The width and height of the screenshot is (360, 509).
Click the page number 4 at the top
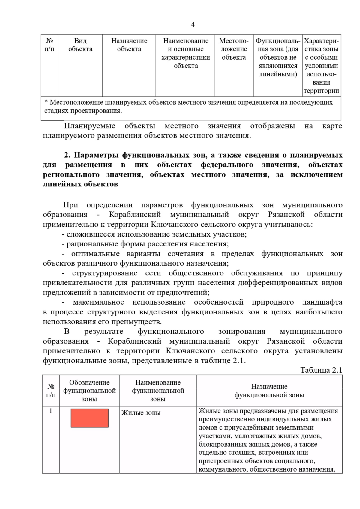(x=193, y=25)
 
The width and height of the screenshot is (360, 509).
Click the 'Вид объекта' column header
(x=80, y=45)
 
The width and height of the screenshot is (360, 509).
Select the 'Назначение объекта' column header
(x=129, y=45)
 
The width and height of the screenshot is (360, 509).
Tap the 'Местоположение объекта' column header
(x=234, y=49)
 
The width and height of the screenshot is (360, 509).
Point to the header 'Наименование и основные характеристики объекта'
(x=186, y=53)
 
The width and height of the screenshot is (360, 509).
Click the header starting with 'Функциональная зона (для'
(x=278, y=57)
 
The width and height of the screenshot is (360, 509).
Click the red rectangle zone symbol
(x=89, y=418)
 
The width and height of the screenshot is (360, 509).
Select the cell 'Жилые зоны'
(x=141, y=413)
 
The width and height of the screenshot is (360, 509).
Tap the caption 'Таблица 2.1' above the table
(x=321, y=370)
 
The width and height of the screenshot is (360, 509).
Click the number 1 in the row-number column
(x=51, y=411)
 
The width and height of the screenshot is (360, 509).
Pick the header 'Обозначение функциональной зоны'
(x=89, y=391)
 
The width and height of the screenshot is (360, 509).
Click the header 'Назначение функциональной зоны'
(x=269, y=391)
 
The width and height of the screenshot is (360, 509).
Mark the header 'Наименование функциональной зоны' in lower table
(x=158, y=391)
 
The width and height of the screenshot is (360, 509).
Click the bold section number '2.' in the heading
(x=67, y=155)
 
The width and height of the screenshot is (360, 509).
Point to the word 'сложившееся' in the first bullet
(x=87, y=234)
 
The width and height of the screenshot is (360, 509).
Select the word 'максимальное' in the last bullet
(x=98, y=302)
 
